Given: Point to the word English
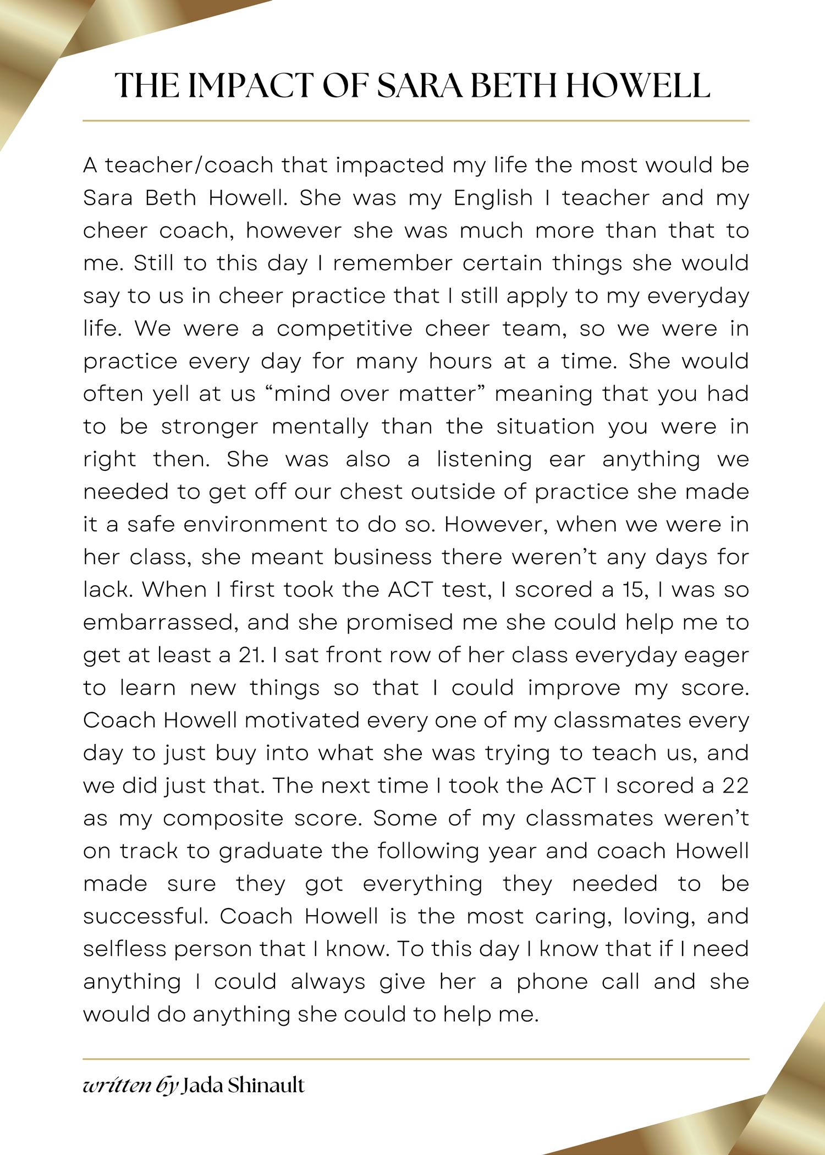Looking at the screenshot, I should pyautogui.click(x=493, y=198).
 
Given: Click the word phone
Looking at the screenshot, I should pyautogui.click(x=552, y=982).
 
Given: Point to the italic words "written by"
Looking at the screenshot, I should pyautogui.click(x=130, y=1086).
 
